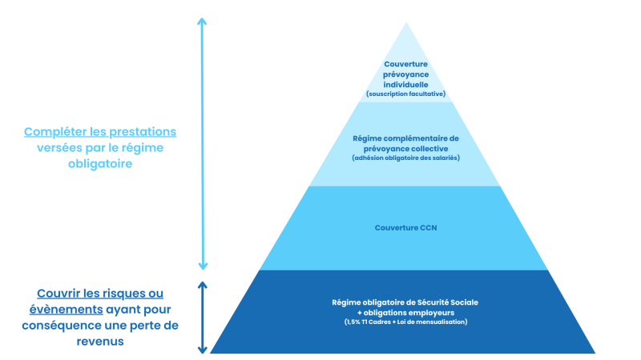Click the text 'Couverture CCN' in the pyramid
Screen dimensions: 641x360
(405, 228)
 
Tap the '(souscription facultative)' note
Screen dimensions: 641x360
(405, 94)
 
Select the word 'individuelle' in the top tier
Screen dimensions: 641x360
(405, 85)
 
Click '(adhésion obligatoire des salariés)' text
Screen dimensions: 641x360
(405, 158)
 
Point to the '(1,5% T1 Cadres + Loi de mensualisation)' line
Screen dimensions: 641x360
(405, 322)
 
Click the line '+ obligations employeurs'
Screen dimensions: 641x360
(405, 313)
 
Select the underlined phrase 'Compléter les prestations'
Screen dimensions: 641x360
(100, 132)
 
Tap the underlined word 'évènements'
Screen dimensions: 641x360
(67, 310)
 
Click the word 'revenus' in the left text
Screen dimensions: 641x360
(100, 342)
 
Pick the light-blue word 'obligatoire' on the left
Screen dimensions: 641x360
(100, 164)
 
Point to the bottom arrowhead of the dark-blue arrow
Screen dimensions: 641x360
(203, 350)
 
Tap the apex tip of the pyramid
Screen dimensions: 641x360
(406, 22)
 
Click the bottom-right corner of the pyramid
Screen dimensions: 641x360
(595, 353)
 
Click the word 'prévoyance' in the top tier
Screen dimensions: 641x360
(405, 74)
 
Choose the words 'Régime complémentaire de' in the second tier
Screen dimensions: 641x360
(405, 138)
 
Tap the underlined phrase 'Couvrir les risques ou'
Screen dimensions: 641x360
(100, 294)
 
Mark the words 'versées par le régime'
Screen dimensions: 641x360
(100, 148)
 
